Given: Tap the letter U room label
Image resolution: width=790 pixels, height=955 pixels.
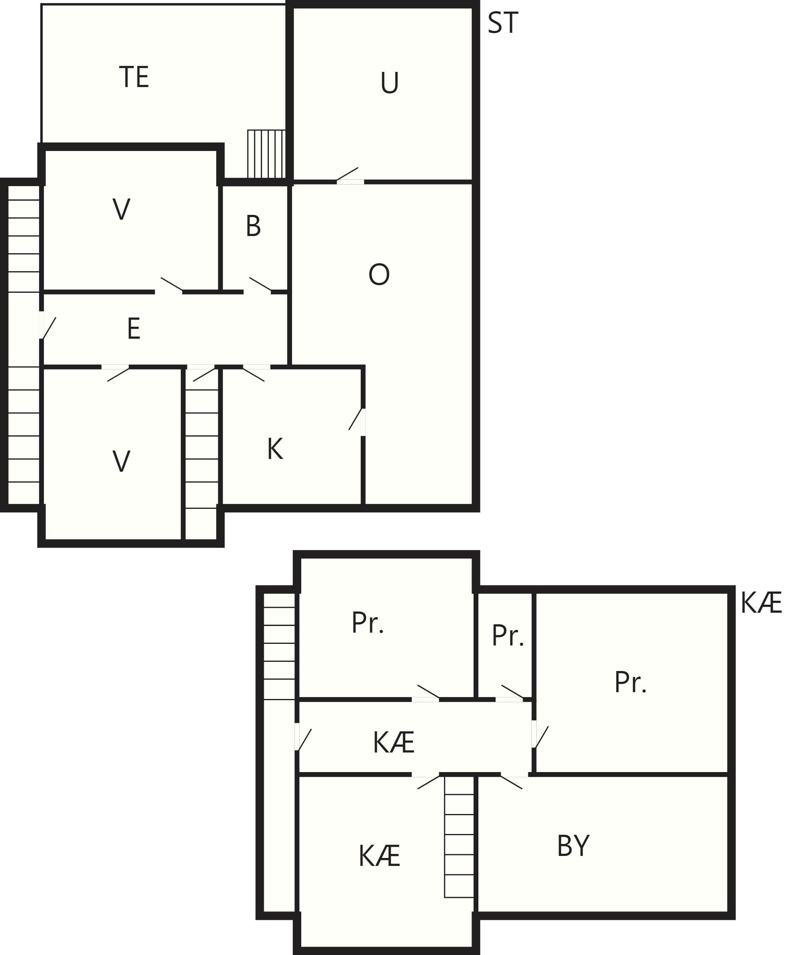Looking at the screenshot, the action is [389, 83].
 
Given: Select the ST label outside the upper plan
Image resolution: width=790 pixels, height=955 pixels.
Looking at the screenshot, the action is [502, 23].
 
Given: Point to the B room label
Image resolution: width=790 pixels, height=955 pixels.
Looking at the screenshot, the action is [253, 226].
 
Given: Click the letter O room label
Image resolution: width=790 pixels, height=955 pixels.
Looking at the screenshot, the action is [379, 274].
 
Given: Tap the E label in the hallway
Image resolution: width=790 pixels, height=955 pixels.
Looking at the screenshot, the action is [134, 328].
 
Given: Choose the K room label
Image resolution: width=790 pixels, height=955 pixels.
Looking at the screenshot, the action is [275, 449].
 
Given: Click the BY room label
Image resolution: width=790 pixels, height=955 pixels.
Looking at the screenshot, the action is [573, 846].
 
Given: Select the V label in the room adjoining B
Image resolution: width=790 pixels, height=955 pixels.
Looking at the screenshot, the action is [121, 209].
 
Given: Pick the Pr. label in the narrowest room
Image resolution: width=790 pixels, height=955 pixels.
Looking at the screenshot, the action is [508, 635].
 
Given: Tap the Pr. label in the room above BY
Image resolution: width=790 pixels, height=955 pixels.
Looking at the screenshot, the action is [630, 682].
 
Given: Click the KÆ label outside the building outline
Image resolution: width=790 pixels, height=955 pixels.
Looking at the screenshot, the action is [761, 603].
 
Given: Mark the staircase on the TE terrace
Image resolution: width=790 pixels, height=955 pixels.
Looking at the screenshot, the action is [267, 154].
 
